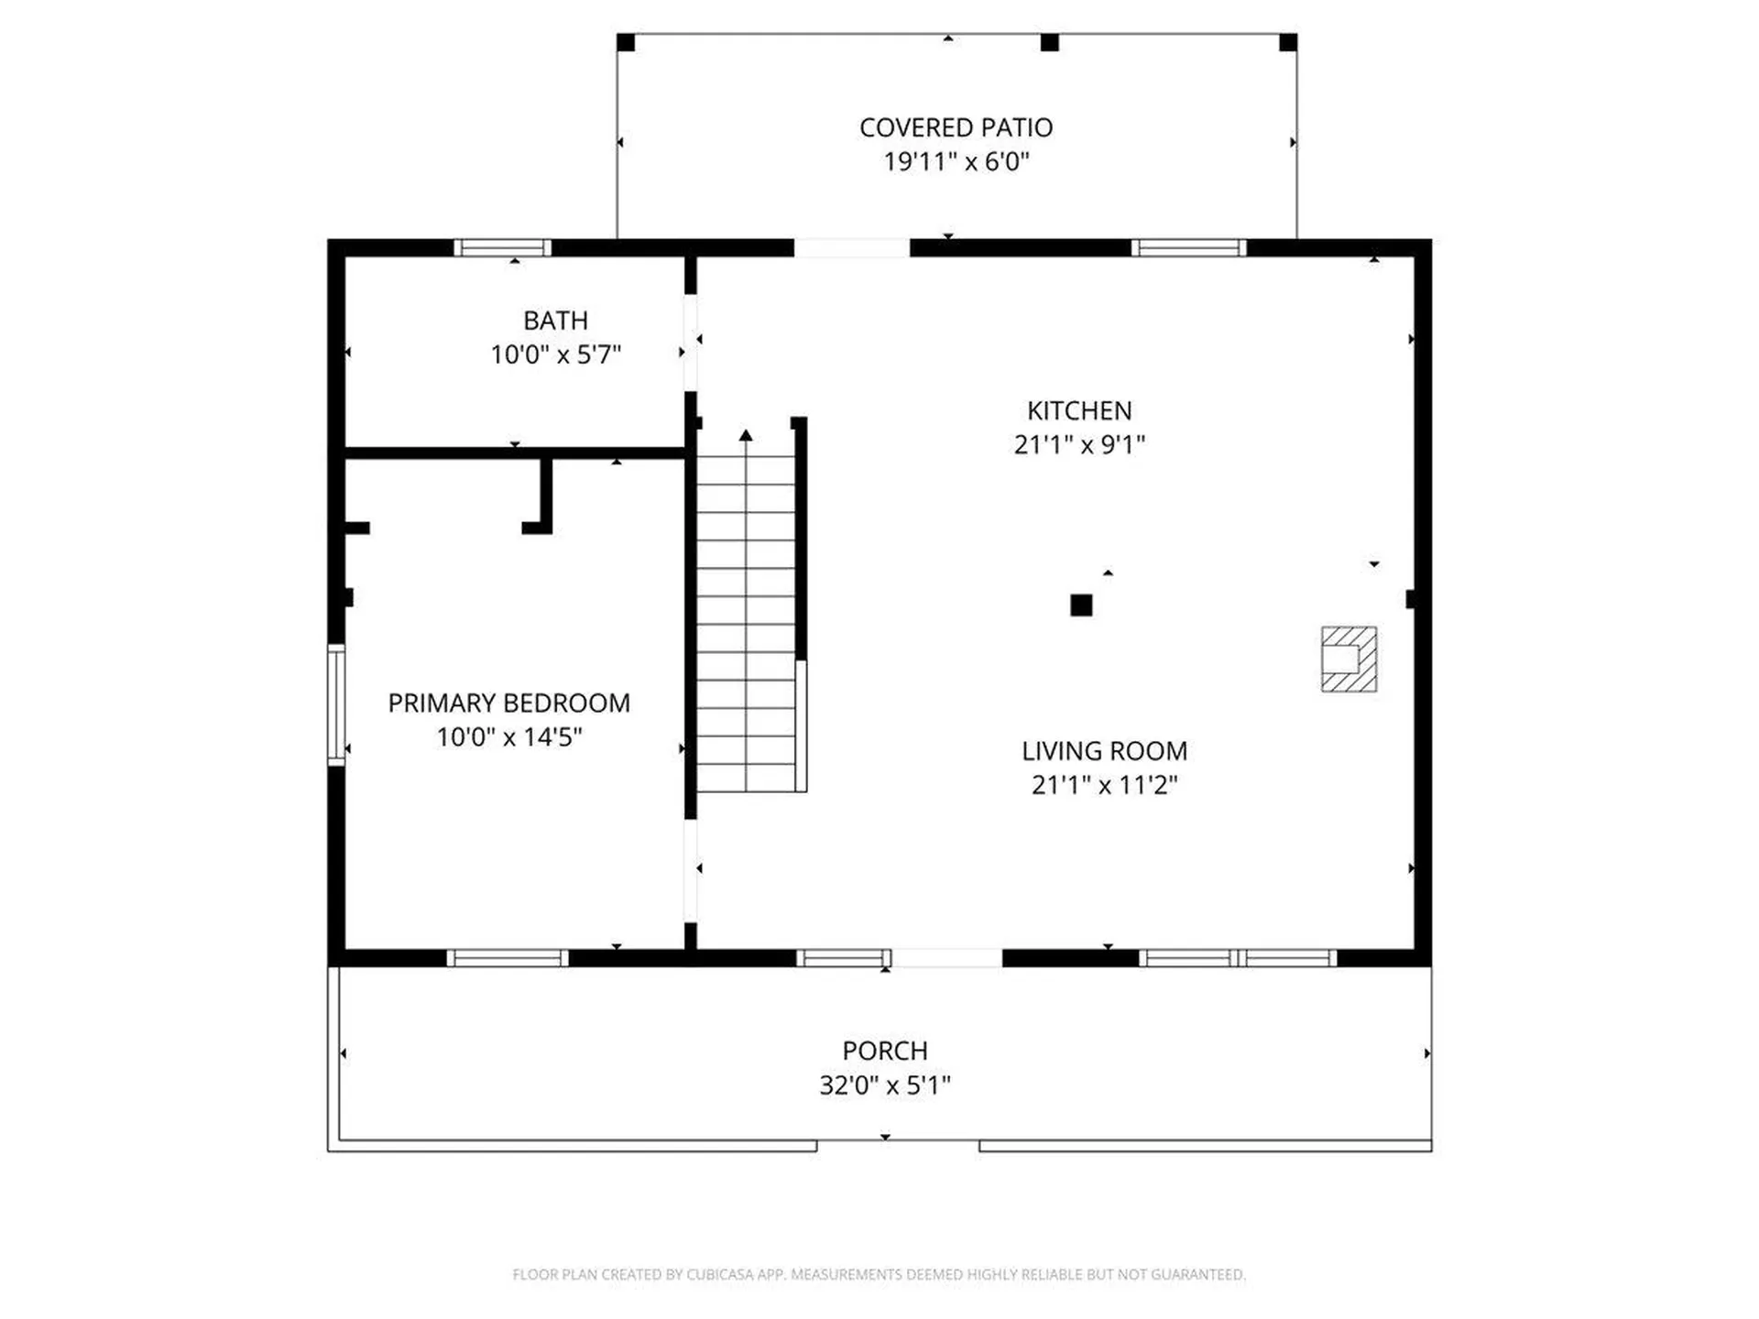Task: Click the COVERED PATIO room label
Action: click(x=956, y=128)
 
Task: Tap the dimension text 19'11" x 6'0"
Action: click(x=956, y=162)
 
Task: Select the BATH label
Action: click(x=555, y=321)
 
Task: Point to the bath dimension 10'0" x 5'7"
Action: click(x=555, y=354)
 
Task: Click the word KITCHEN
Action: click(x=1079, y=410)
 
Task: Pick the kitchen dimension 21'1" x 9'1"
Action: click(x=1079, y=444)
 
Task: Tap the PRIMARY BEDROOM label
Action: click(x=508, y=703)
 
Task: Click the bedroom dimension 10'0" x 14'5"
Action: click(x=508, y=736)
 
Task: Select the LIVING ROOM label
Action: click(x=1104, y=751)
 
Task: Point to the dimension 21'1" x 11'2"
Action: click(x=1104, y=785)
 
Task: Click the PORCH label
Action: click(x=885, y=1051)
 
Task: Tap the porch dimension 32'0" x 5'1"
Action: click(x=885, y=1085)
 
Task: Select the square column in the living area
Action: click(x=1081, y=605)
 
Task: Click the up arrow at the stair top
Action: click(x=746, y=435)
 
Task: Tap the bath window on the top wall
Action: click(x=503, y=247)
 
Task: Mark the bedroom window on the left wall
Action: click(x=336, y=704)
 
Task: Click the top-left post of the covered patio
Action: click(x=626, y=42)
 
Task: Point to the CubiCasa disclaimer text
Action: click(x=879, y=1274)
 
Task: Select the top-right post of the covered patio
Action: click(x=1288, y=42)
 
